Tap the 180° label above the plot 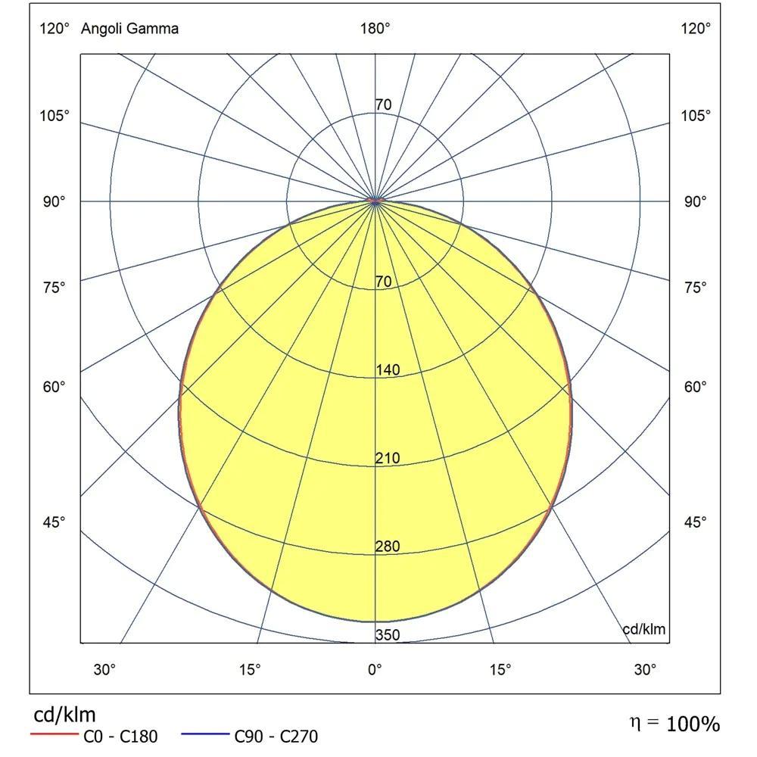pyautogui.click(x=375, y=29)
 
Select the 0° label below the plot pyautogui.click(x=375, y=669)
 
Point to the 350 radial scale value pyautogui.click(x=387, y=635)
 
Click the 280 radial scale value pyautogui.click(x=387, y=547)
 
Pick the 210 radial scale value pyautogui.click(x=387, y=459)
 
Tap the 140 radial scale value pyautogui.click(x=387, y=370)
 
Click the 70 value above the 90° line pyautogui.click(x=384, y=105)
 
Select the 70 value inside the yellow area pyautogui.click(x=384, y=282)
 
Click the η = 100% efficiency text pyautogui.click(x=674, y=724)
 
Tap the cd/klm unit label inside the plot pyautogui.click(x=643, y=629)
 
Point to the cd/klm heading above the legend pyautogui.click(x=64, y=715)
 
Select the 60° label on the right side pyautogui.click(x=696, y=387)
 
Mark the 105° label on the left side pyautogui.click(x=55, y=116)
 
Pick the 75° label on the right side pyautogui.click(x=696, y=288)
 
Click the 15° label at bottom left pyautogui.click(x=250, y=669)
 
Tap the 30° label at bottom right pyautogui.click(x=645, y=669)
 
